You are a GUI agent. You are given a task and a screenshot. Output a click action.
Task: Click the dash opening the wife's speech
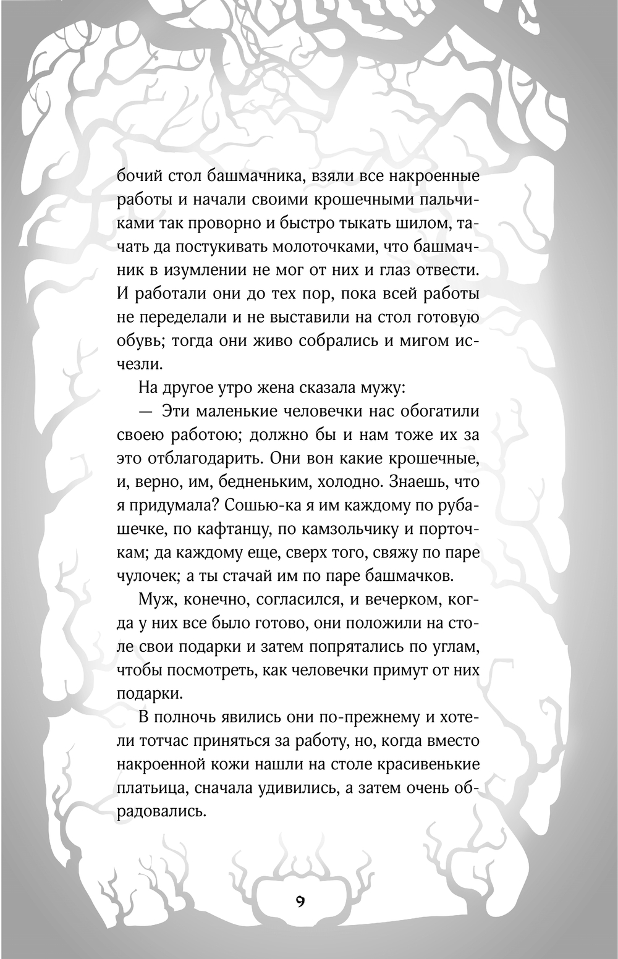pos(146,412)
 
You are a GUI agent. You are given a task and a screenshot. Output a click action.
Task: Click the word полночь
pos(188,717)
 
